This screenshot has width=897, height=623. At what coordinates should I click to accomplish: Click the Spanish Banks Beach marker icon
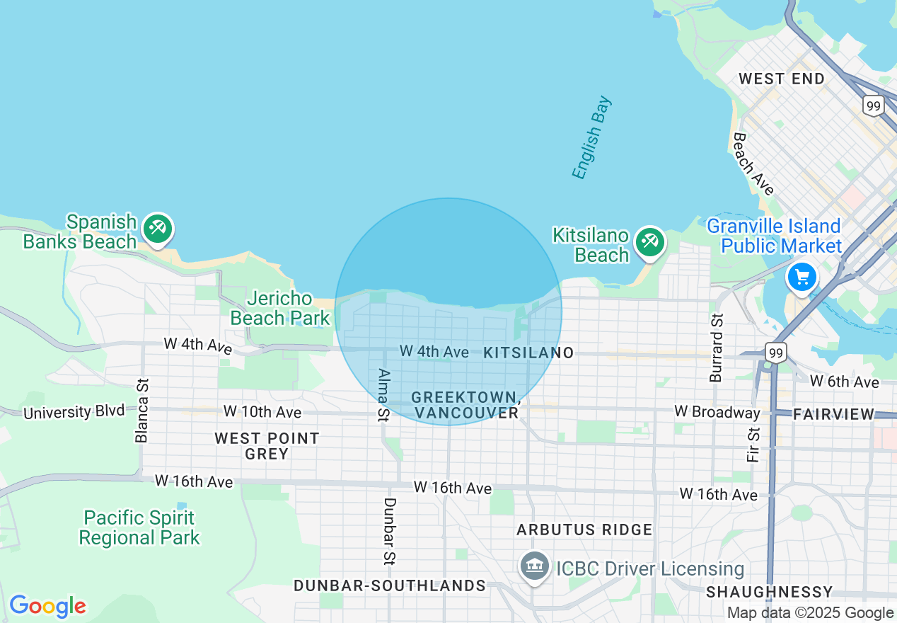[157, 229]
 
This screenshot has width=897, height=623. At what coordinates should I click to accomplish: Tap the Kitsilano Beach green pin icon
[649, 241]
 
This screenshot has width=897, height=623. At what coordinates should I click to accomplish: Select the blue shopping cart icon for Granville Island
[801, 277]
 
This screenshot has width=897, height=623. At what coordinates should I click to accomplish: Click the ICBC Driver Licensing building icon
[535, 566]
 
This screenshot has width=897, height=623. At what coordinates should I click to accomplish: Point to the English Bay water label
[591, 139]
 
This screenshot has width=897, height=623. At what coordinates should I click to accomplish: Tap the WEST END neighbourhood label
[781, 79]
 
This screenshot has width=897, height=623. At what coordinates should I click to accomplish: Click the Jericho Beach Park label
[280, 309]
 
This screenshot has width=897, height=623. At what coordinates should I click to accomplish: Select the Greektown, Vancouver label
[466, 405]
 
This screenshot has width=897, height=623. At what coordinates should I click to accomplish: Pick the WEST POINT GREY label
[267, 446]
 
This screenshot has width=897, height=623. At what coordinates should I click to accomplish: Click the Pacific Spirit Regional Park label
[139, 528]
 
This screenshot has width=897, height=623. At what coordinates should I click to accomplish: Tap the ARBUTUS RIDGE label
[584, 530]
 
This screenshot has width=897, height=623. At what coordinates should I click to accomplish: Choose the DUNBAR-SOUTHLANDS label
[389, 585]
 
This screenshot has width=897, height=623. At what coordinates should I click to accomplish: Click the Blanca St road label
[143, 411]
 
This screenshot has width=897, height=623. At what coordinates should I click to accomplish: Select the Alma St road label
[384, 394]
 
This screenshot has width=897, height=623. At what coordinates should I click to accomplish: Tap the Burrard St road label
[717, 348]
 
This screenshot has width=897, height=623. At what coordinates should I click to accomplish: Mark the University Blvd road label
[74, 411]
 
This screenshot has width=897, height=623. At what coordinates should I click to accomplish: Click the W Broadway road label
[717, 411]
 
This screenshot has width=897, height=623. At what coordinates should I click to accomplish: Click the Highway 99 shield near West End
[873, 106]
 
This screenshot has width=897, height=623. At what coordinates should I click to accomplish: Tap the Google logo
[47, 607]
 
